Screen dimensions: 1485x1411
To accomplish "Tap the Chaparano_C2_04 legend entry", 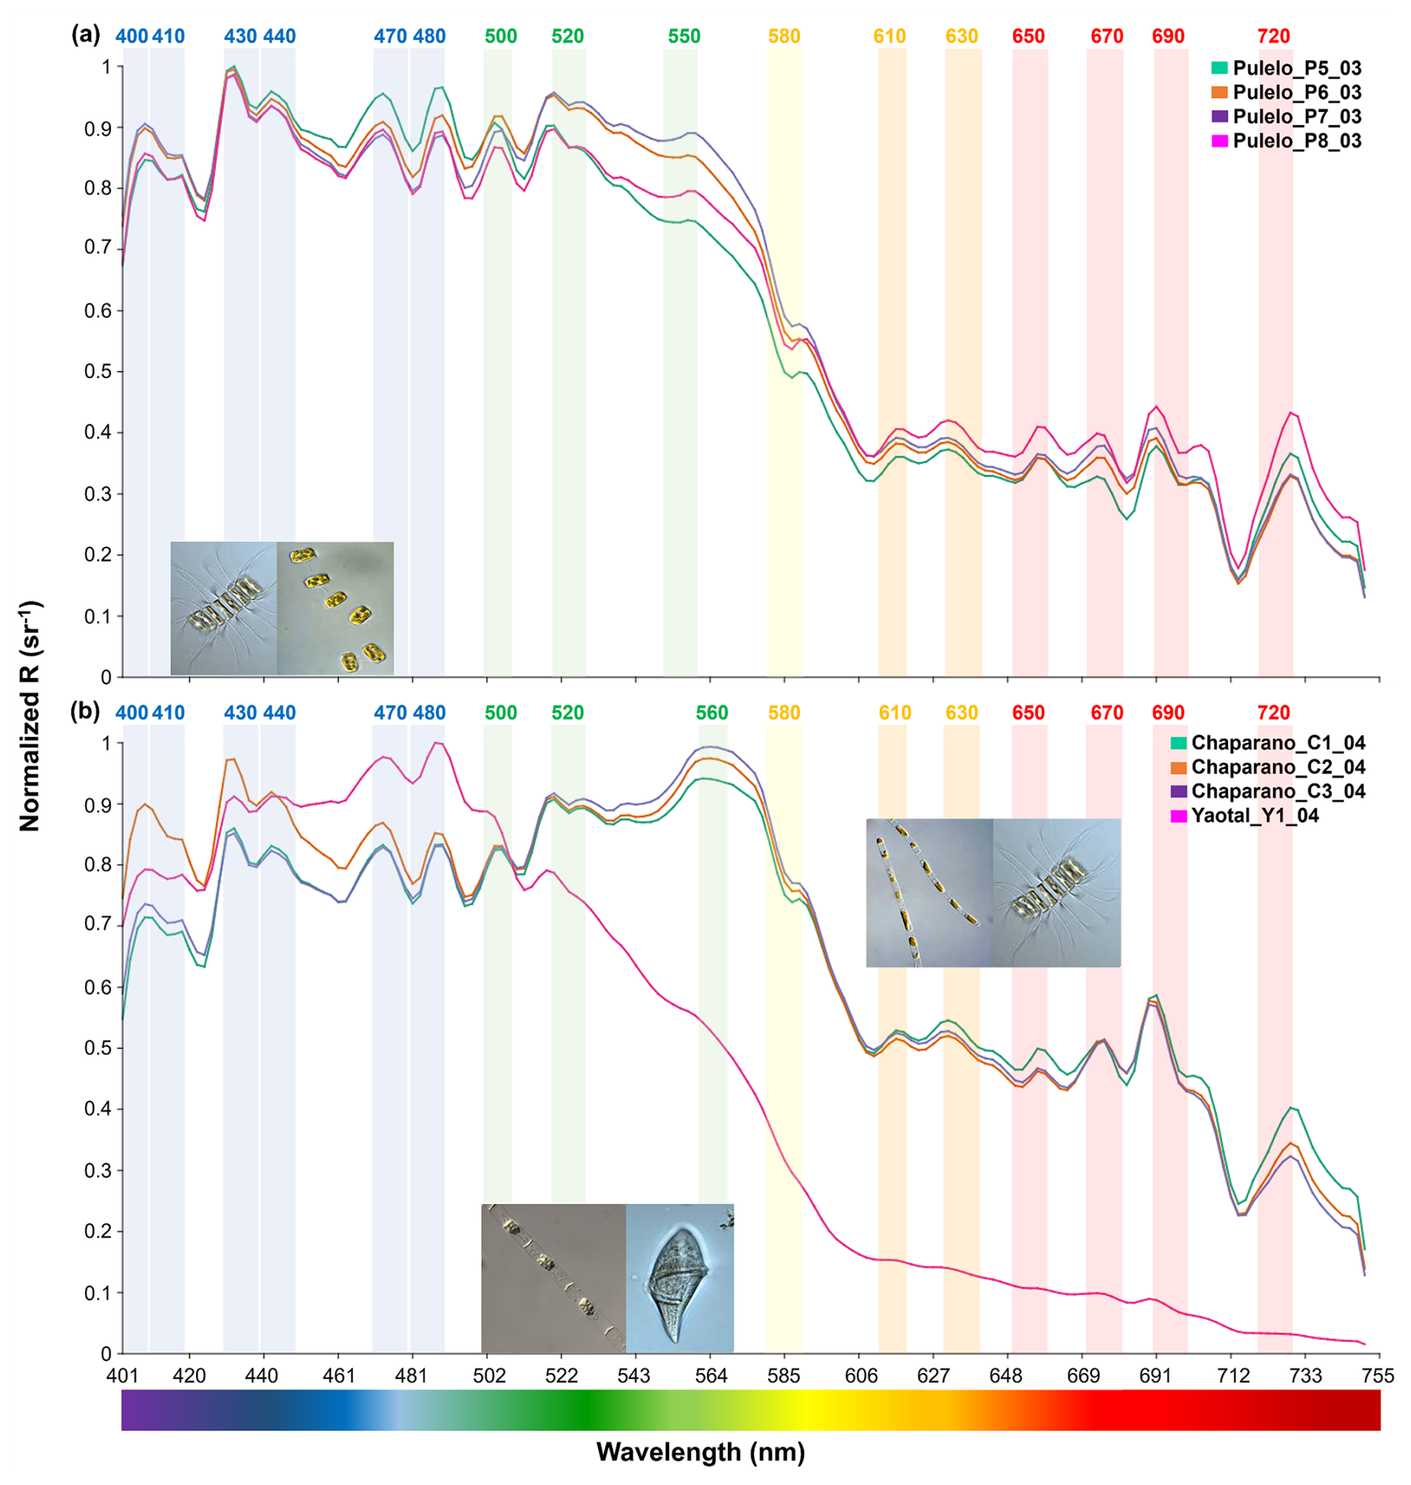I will tap(1278, 767).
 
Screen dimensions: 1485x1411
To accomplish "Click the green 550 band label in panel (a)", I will tap(684, 36).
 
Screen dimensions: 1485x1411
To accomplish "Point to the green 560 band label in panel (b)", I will tap(711, 712).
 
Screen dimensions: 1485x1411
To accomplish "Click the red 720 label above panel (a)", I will tap(1273, 36).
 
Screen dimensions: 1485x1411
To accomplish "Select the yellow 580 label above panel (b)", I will tap(784, 712).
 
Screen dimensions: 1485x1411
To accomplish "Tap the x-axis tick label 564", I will tap(711, 1376).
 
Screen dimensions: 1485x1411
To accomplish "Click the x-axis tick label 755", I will tap(1378, 1376).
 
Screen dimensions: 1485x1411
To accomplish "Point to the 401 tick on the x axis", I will tap(122, 1376).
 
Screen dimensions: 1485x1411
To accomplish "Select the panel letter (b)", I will tap(85, 712).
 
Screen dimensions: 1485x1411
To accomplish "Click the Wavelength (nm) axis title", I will tap(700, 1451).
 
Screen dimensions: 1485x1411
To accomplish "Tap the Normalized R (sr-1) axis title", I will tap(30, 715).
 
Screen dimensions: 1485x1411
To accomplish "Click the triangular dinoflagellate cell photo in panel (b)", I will tap(679, 1278).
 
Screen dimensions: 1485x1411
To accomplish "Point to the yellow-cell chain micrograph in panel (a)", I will tap(336, 608).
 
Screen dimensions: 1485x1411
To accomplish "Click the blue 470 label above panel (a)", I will tap(390, 36).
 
